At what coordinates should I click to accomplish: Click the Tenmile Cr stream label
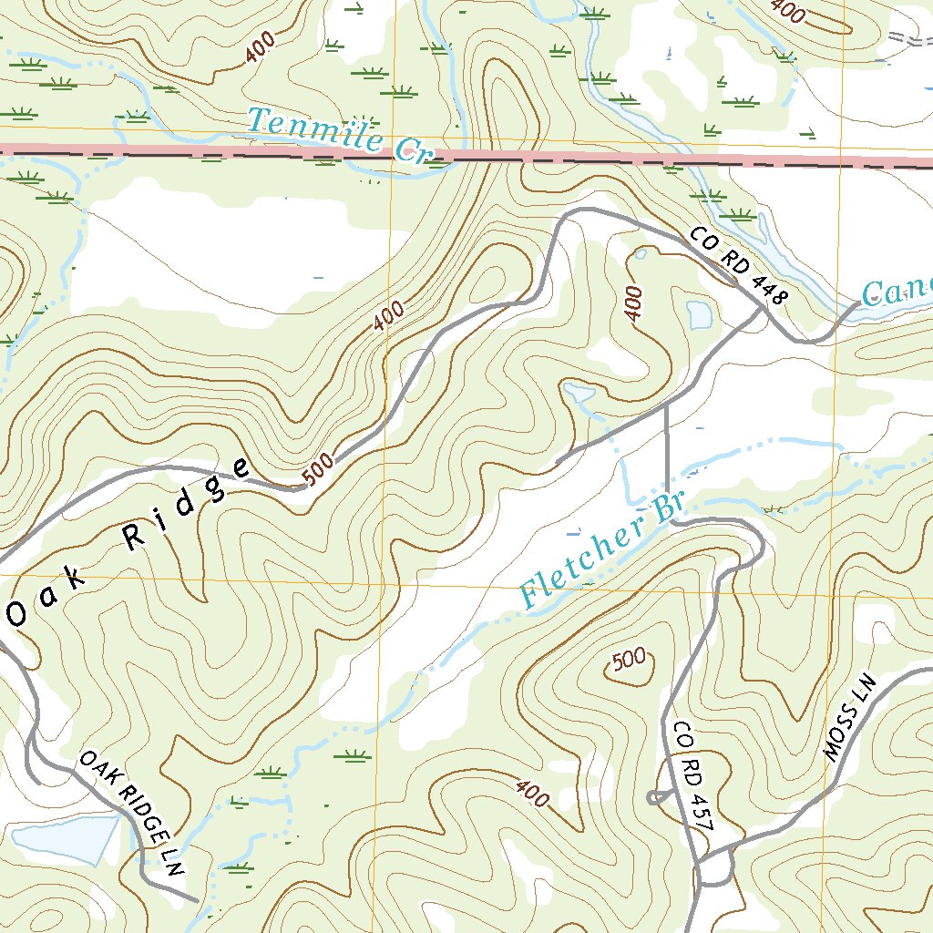(x=338, y=135)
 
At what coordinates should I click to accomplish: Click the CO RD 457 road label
(x=692, y=774)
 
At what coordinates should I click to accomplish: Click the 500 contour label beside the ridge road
(x=317, y=470)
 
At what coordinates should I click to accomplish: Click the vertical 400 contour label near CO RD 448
(x=634, y=303)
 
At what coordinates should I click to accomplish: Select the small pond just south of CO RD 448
(x=700, y=314)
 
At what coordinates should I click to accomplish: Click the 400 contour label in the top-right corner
(x=787, y=11)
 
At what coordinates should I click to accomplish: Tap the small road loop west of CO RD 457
(x=657, y=797)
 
